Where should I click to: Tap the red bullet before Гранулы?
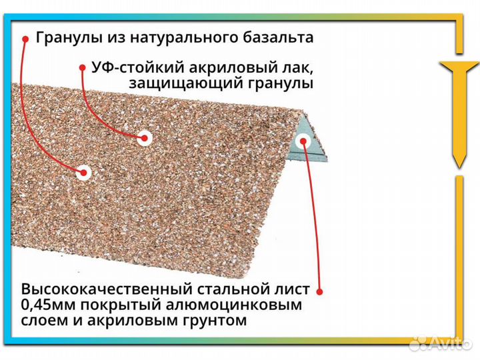tap(25, 38)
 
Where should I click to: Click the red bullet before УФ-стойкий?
tap(83, 68)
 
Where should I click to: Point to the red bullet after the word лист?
tap(319, 291)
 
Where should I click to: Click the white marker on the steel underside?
tap(303, 141)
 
